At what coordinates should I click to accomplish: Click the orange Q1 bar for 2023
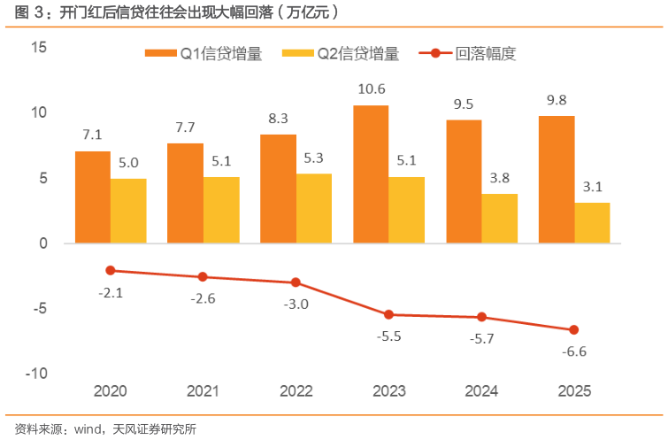371,174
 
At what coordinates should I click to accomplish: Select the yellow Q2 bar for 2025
592,223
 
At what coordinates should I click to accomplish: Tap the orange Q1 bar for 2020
93,197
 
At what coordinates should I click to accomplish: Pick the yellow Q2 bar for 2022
314,208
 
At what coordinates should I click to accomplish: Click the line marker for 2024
481,317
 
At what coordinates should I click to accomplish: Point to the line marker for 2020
111,270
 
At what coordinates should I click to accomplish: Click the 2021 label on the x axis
203,390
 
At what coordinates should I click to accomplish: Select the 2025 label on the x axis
573,390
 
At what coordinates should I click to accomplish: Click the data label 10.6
371,89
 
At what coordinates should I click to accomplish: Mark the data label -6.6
573,351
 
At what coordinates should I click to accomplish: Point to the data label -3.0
296,304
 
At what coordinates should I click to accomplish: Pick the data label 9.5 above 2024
464,104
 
